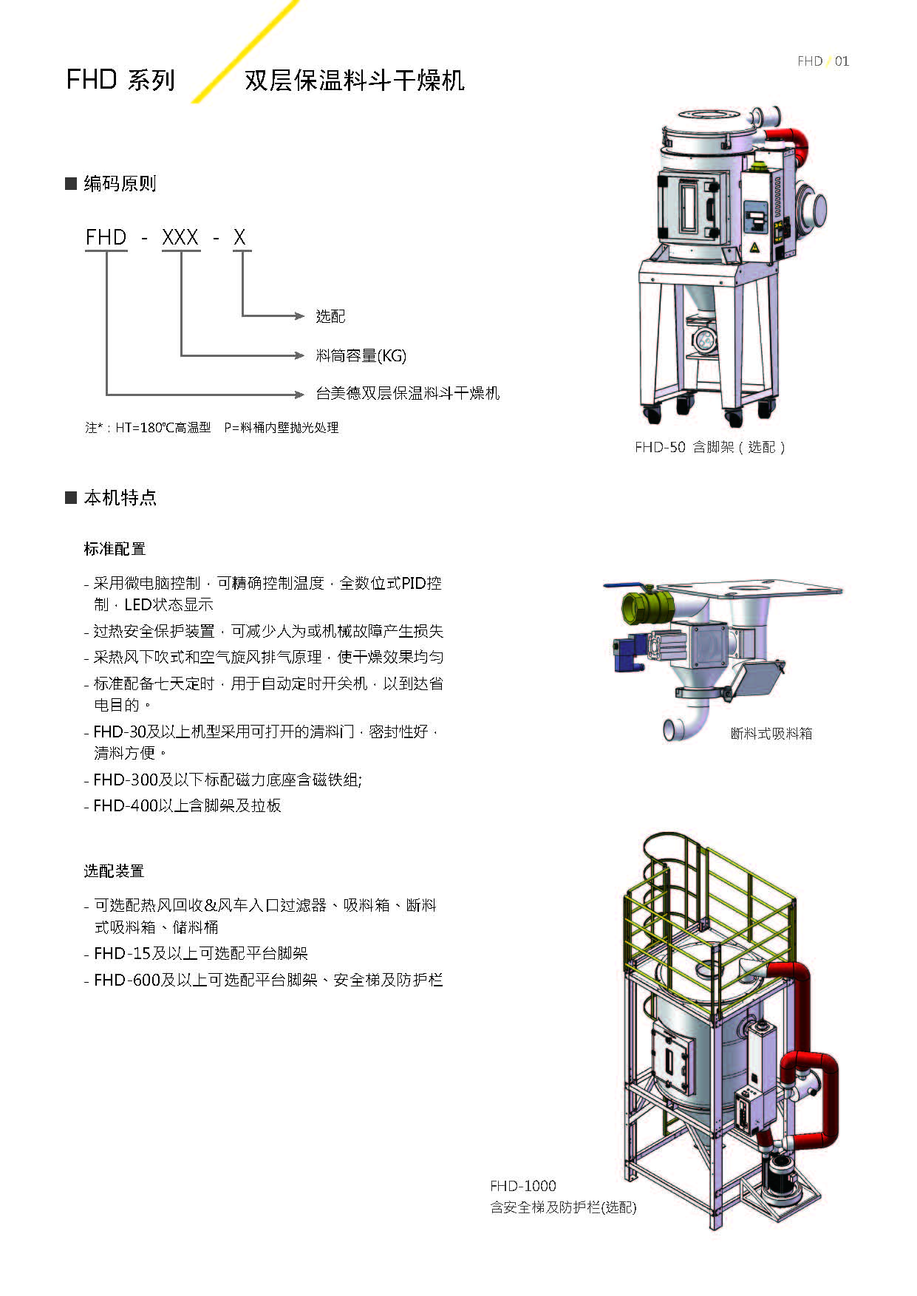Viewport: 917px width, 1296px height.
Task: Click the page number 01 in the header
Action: (x=842, y=61)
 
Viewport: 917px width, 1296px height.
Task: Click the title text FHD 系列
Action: (x=120, y=80)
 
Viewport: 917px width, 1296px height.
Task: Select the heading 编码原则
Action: (x=120, y=183)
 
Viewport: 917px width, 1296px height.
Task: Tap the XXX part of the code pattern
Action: (x=180, y=237)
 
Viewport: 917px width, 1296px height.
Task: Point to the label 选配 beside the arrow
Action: (x=330, y=316)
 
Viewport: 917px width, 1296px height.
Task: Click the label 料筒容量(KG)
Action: (x=361, y=355)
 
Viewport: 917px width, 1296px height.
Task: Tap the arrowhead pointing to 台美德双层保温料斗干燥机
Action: (x=299, y=394)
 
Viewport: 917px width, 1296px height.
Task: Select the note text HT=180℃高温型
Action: (x=163, y=428)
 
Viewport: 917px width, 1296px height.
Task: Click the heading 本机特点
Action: (x=120, y=497)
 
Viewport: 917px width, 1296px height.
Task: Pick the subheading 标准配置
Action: (x=115, y=549)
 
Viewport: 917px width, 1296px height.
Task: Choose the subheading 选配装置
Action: (x=114, y=871)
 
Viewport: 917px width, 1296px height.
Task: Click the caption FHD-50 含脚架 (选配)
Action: (x=709, y=447)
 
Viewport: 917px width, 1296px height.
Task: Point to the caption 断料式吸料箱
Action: (x=771, y=734)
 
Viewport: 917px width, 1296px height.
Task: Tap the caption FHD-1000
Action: (x=523, y=1186)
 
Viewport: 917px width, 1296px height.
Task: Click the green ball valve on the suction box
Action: (x=647, y=607)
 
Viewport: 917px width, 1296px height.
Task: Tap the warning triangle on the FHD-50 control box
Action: (x=755, y=247)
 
